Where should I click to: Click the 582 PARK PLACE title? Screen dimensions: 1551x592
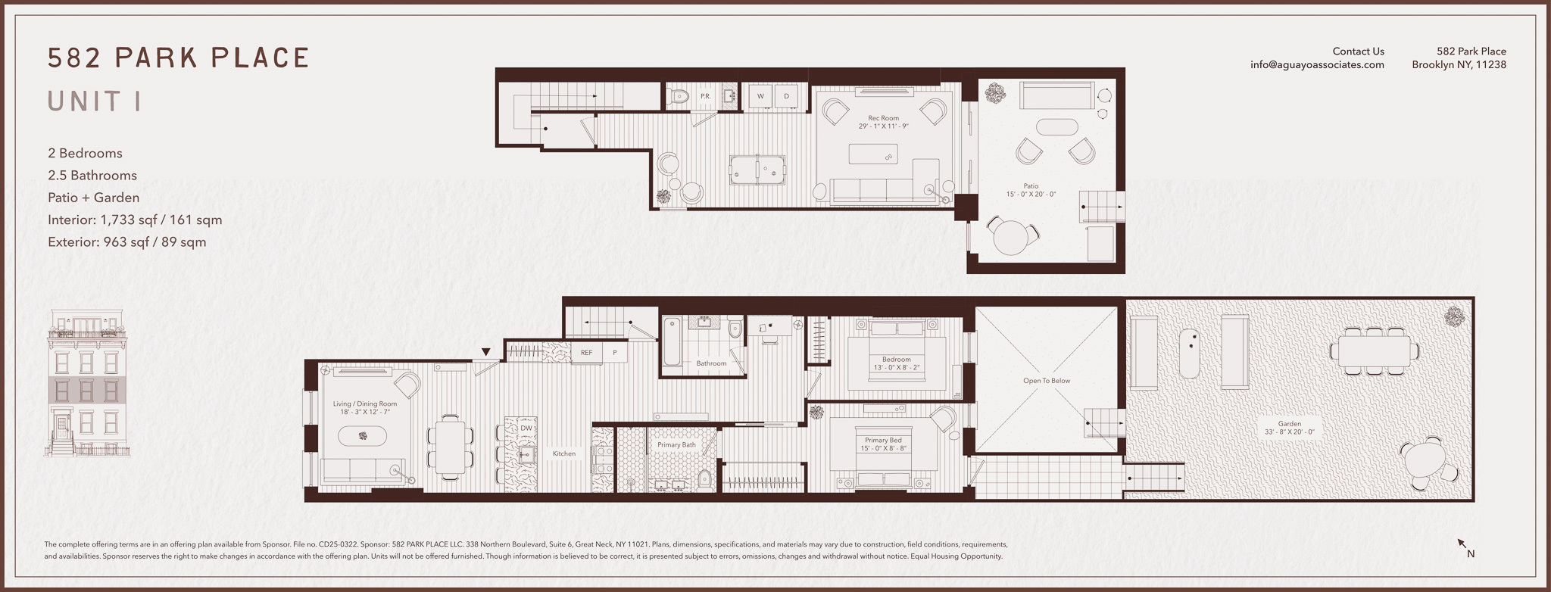179,58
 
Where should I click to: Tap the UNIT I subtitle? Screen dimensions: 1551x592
95,101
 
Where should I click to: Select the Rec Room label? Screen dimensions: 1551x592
883,118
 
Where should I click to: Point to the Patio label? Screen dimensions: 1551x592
1031,186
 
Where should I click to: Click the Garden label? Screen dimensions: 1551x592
1290,424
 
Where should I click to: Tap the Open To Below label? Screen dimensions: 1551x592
1047,381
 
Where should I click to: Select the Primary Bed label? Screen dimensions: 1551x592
883,440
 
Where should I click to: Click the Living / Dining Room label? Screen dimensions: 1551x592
365,403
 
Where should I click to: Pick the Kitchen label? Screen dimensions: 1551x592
564,453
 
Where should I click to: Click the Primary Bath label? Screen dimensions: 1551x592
676,444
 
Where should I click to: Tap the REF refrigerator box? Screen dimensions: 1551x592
587,353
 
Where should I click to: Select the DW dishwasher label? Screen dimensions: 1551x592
526,428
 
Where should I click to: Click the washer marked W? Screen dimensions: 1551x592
761,96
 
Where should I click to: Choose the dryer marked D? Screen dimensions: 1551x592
787,96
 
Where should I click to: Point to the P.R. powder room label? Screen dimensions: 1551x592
705,96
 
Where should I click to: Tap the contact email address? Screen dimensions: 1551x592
1317,65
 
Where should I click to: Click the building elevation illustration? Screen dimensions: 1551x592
86,383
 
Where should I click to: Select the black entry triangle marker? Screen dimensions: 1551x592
486,352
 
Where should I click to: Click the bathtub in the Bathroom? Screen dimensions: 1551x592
673,343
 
